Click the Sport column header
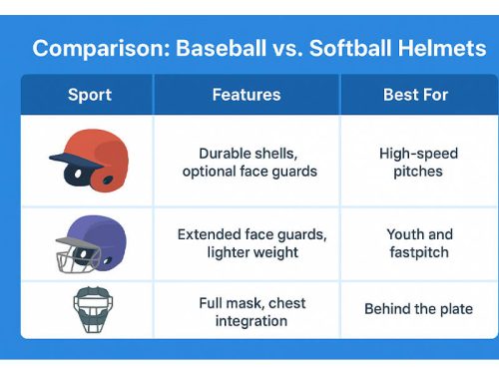click(x=90, y=96)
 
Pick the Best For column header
click(x=417, y=96)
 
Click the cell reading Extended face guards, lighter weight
click(x=250, y=243)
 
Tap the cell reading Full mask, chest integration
click(x=250, y=311)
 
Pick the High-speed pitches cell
click(x=418, y=163)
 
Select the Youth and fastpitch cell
click(x=418, y=243)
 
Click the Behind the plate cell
click(x=418, y=309)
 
